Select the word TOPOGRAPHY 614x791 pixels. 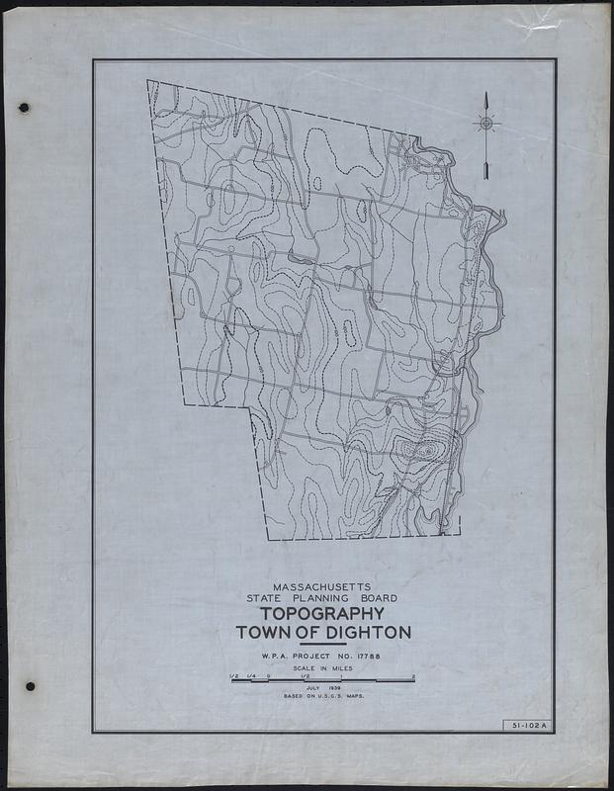[x=323, y=614]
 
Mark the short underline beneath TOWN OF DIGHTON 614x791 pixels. [x=323, y=645]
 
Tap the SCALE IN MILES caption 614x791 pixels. [x=322, y=668]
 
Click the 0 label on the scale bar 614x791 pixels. [x=268, y=676]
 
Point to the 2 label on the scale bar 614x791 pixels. [x=412, y=676]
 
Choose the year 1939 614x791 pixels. [x=333, y=689]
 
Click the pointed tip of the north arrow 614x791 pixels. [x=486, y=93]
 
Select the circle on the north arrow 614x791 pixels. [x=485, y=124]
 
